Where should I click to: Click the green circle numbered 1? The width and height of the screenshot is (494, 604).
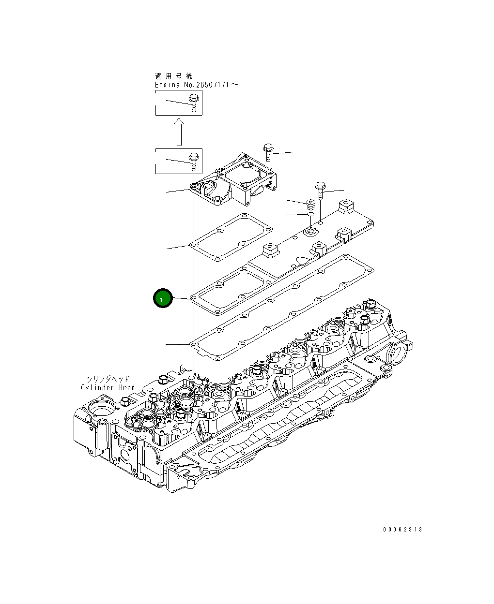[163, 299]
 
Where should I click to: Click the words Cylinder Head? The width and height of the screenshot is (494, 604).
[108, 387]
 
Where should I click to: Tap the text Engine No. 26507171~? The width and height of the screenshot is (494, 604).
[196, 85]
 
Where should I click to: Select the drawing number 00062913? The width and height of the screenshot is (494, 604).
[402, 529]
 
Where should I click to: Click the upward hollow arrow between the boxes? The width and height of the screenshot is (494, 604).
[179, 131]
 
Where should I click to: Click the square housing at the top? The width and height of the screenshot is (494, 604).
[237, 181]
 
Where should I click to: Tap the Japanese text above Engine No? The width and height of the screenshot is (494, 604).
[173, 76]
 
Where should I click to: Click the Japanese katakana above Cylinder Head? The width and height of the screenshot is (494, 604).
[108, 379]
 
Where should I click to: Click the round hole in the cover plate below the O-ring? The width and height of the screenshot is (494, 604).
[309, 233]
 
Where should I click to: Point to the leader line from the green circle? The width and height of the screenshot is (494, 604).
[182, 299]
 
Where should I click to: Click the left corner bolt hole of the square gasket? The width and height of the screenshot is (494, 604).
[194, 245]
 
